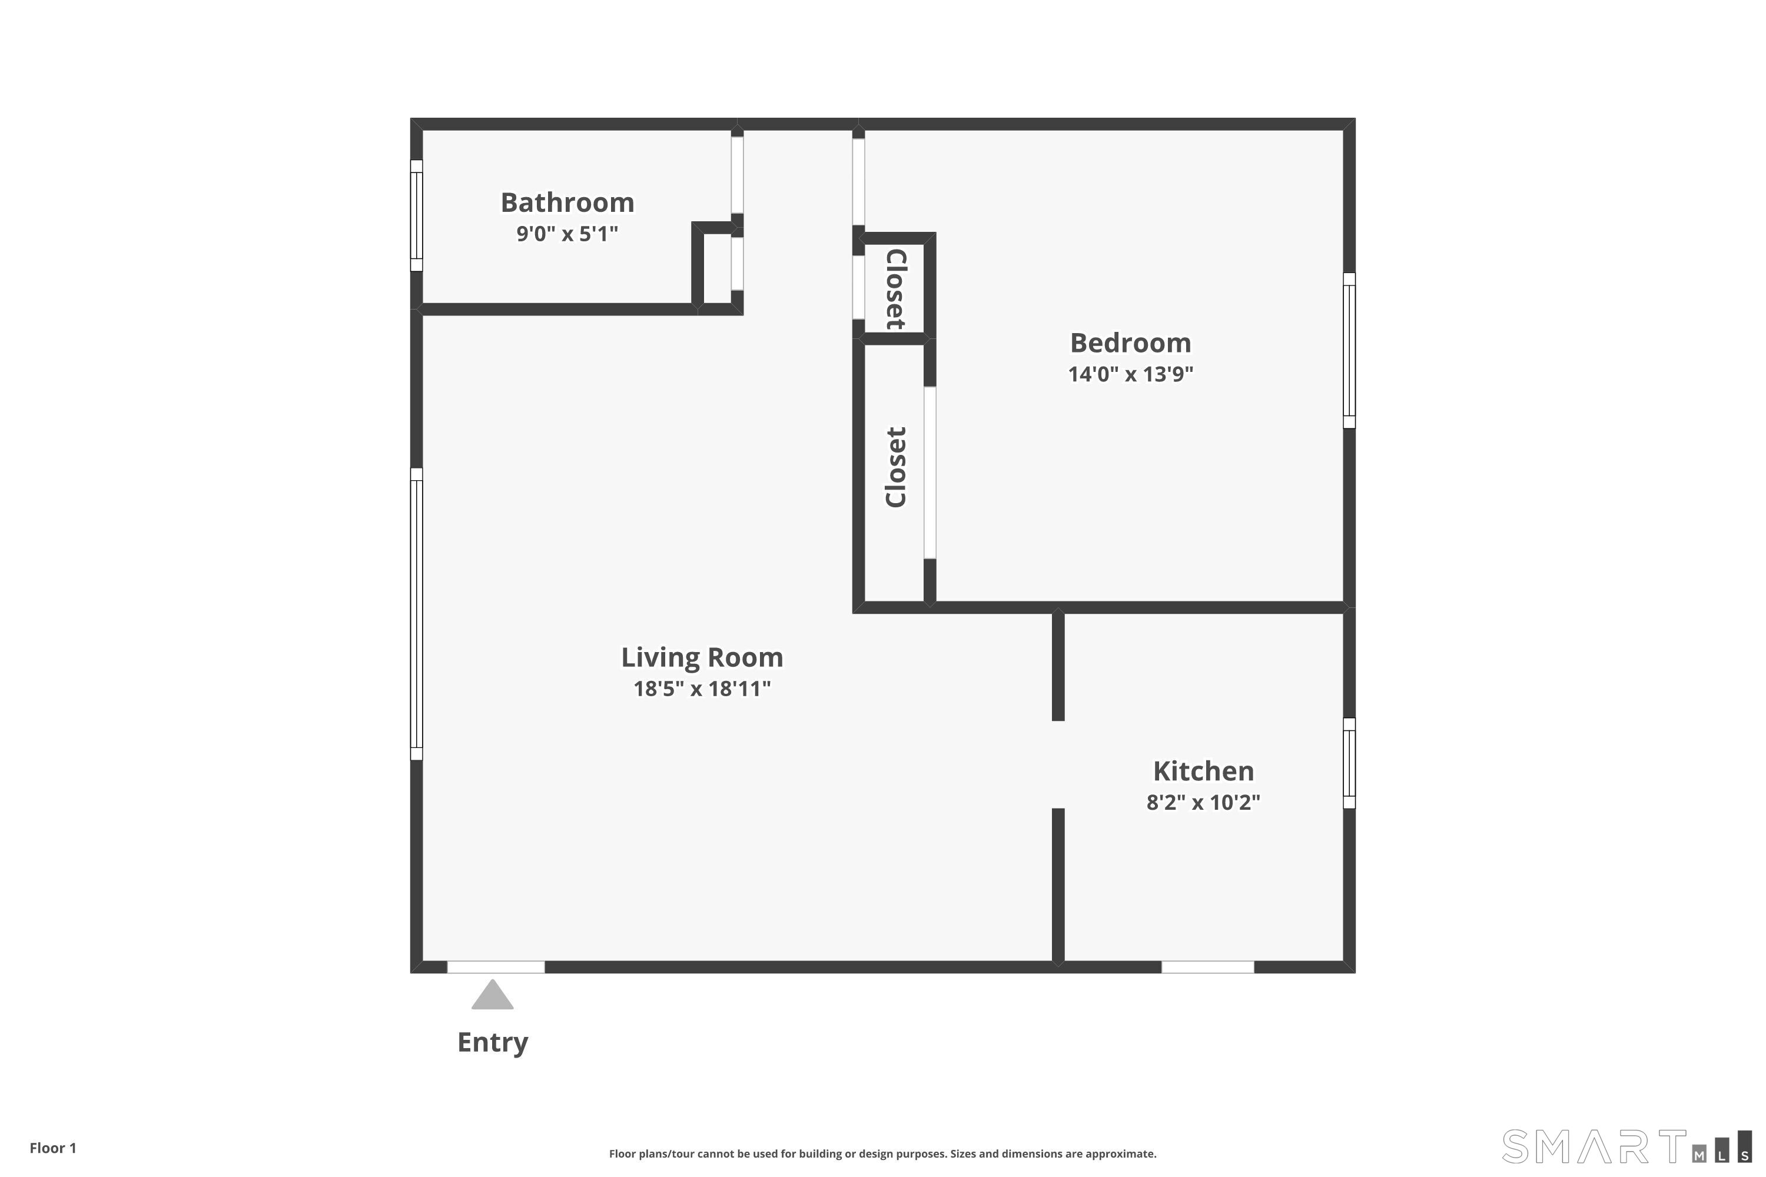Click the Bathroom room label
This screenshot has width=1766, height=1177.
click(x=567, y=202)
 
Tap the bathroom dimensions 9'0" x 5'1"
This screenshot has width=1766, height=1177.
click(x=567, y=234)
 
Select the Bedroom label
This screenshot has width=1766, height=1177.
click(x=1130, y=343)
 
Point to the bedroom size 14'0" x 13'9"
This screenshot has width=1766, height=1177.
click(x=1130, y=374)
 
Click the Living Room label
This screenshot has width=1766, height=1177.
click(x=702, y=657)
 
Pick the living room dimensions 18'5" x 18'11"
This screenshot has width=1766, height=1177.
click(x=702, y=689)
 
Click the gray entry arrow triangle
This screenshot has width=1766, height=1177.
click(x=493, y=995)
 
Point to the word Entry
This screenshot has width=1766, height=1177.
click(x=493, y=1043)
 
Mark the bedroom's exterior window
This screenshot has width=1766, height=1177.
click(x=1349, y=351)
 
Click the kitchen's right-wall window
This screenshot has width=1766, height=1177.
click(x=1349, y=763)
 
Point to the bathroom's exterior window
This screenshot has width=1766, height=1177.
click(x=416, y=215)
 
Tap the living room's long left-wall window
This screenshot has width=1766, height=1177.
click(x=416, y=614)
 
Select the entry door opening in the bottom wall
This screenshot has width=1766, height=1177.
click(x=496, y=967)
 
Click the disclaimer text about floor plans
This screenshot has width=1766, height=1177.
click(x=883, y=1153)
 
